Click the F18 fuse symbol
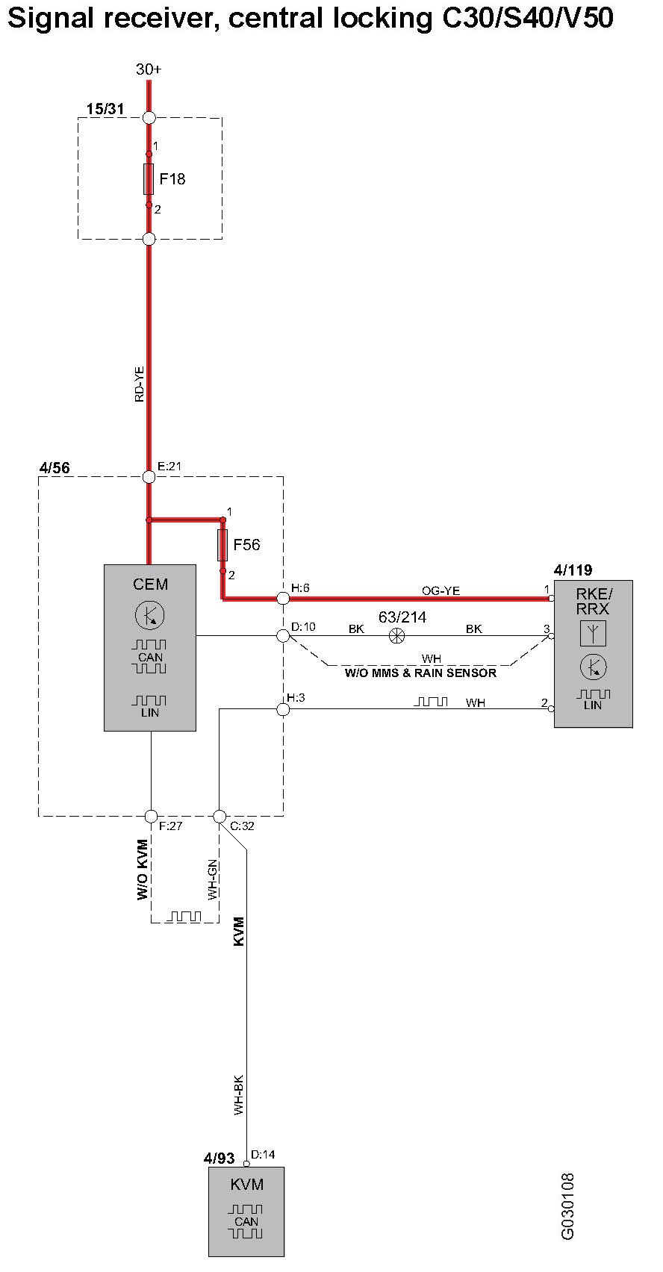(x=149, y=179)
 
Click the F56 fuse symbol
(x=222, y=545)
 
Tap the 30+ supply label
(x=149, y=69)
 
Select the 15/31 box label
(x=105, y=109)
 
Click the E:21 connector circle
(x=149, y=476)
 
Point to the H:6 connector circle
(x=283, y=598)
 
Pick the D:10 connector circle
(x=283, y=636)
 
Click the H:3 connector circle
(x=283, y=708)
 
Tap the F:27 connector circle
(x=151, y=816)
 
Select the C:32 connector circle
(x=220, y=816)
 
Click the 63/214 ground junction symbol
(x=396, y=636)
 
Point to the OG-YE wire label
(x=441, y=590)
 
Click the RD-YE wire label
(x=140, y=383)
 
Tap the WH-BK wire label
(x=238, y=1095)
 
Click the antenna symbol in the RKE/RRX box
(x=593, y=633)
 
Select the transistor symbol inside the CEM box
(x=149, y=615)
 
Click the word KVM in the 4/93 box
(x=246, y=1185)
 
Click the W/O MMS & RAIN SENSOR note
(x=420, y=673)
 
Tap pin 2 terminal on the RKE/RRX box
(x=552, y=708)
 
